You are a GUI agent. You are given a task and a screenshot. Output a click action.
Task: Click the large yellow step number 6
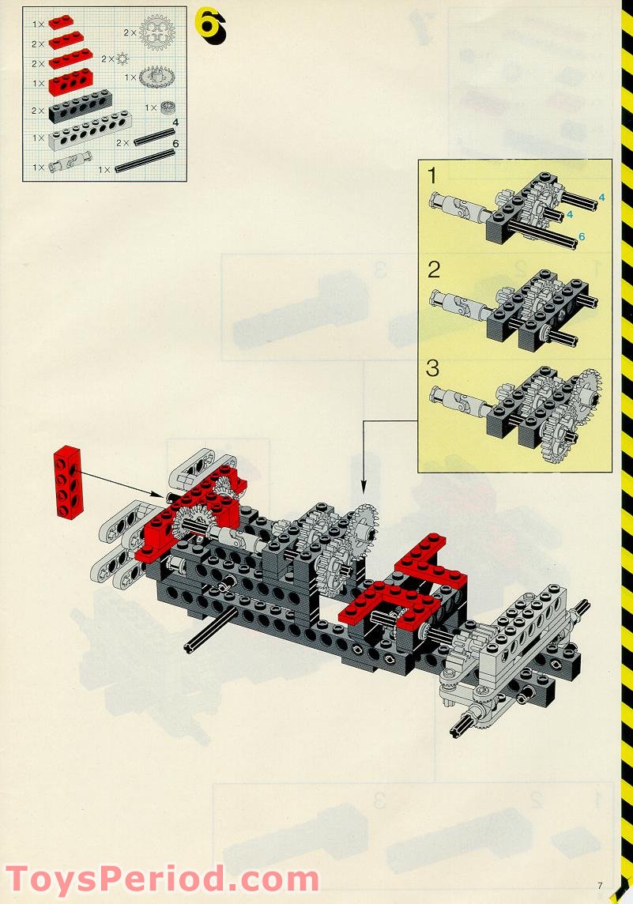tap(210, 25)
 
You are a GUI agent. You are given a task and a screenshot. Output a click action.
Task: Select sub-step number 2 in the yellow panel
tap(434, 269)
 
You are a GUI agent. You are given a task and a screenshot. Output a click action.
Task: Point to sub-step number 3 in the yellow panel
tap(433, 367)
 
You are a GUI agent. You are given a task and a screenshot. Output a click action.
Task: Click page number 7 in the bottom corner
tap(600, 886)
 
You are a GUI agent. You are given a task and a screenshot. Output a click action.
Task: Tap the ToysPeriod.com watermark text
tap(162, 880)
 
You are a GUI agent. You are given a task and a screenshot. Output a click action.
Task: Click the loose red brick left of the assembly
tap(68, 483)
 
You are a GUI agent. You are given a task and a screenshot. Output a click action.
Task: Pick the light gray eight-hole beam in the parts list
tap(89, 131)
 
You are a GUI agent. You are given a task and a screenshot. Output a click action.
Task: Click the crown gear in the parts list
tap(156, 77)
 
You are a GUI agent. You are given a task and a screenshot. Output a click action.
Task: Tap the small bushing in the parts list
tap(167, 107)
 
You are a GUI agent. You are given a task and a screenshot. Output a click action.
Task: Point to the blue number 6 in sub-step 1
tap(582, 236)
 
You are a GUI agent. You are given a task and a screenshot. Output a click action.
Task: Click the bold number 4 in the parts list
tap(175, 122)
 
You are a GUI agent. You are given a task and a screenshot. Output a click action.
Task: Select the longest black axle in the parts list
tap(145, 161)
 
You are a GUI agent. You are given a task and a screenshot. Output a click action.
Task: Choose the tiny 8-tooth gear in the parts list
tap(122, 58)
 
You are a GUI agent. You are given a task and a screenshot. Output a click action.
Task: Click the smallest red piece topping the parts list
tap(61, 22)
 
